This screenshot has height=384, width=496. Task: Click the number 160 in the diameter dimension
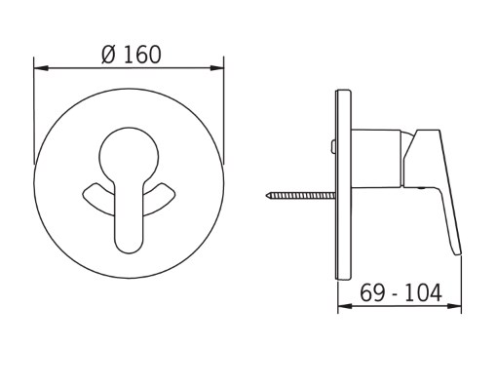pos(142,55)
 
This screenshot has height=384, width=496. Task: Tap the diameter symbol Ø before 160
pos(108,55)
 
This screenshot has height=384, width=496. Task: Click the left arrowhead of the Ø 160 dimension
pos(41,68)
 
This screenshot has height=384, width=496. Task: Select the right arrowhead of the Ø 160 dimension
pos(216,68)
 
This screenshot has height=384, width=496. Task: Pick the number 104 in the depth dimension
pos(423,292)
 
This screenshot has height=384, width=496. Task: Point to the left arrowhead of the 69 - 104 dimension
pos(345,306)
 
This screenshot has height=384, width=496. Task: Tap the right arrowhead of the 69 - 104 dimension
pos(454,306)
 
